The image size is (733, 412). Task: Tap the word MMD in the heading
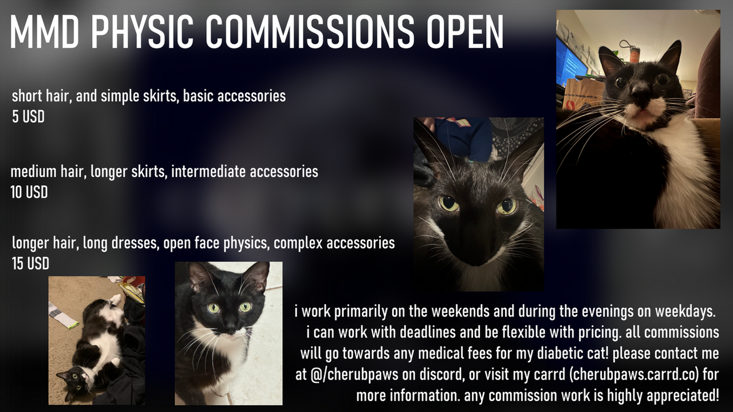45,31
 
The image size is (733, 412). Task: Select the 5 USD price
28,117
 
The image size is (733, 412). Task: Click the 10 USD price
29,192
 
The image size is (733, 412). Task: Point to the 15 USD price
30,264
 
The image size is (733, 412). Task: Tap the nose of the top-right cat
641,92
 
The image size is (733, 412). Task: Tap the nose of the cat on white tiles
230,324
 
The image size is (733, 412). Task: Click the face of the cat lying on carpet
74,383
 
